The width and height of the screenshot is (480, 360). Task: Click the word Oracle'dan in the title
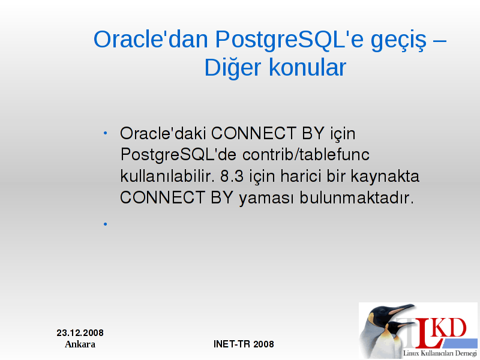pyautogui.click(x=151, y=40)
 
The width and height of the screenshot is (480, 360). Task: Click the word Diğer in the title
pyautogui.click(x=233, y=68)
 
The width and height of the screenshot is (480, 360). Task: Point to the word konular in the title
pyautogui.click(x=308, y=67)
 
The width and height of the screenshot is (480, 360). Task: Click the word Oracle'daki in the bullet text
pyautogui.click(x=163, y=133)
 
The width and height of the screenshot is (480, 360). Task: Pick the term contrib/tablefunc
pyautogui.click(x=306, y=155)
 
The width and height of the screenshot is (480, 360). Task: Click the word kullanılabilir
pyautogui.click(x=167, y=176)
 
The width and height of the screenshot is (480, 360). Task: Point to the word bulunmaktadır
pyautogui.click(x=356, y=197)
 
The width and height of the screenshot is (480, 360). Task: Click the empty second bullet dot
pyautogui.click(x=106, y=224)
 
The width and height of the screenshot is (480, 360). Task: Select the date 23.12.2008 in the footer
pyautogui.click(x=80, y=333)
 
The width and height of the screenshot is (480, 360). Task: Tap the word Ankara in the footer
pyautogui.click(x=80, y=344)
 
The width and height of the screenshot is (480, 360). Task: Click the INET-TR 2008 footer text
pyautogui.click(x=244, y=344)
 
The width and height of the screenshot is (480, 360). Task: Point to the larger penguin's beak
pyautogui.click(x=401, y=309)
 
